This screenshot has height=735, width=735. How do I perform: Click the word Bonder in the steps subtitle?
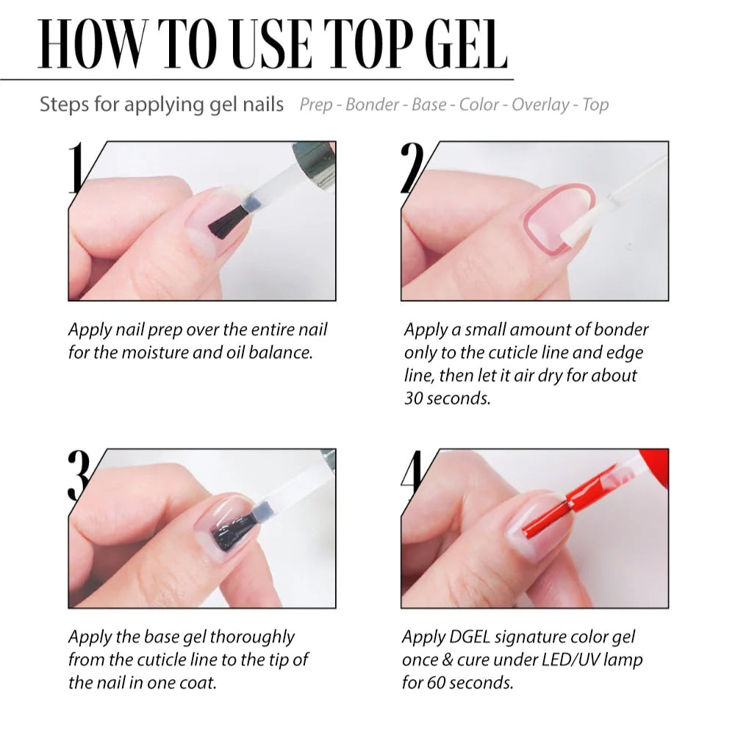point(372,104)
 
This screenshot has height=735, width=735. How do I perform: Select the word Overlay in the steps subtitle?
point(540,104)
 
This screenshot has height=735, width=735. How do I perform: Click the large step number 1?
point(76,169)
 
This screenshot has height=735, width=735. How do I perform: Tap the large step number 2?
point(413,169)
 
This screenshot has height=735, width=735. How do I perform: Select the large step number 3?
point(79,476)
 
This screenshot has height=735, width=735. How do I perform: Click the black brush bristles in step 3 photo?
point(234,531)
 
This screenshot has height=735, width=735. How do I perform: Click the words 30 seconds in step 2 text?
point(447,398)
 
